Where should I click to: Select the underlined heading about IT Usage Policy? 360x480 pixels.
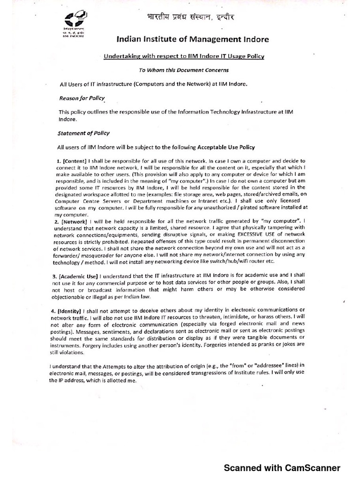pyautogui.click(x=184, y=56)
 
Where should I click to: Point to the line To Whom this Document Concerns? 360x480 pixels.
pyautogui.click(x=183, y=70)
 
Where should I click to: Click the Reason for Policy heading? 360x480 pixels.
pyautogui.click(x=82, y=98)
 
